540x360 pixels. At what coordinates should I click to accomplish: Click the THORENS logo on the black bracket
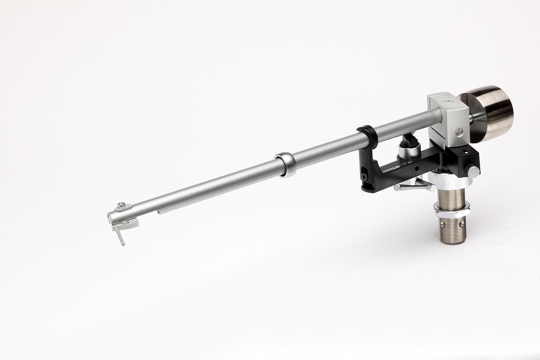393,171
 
